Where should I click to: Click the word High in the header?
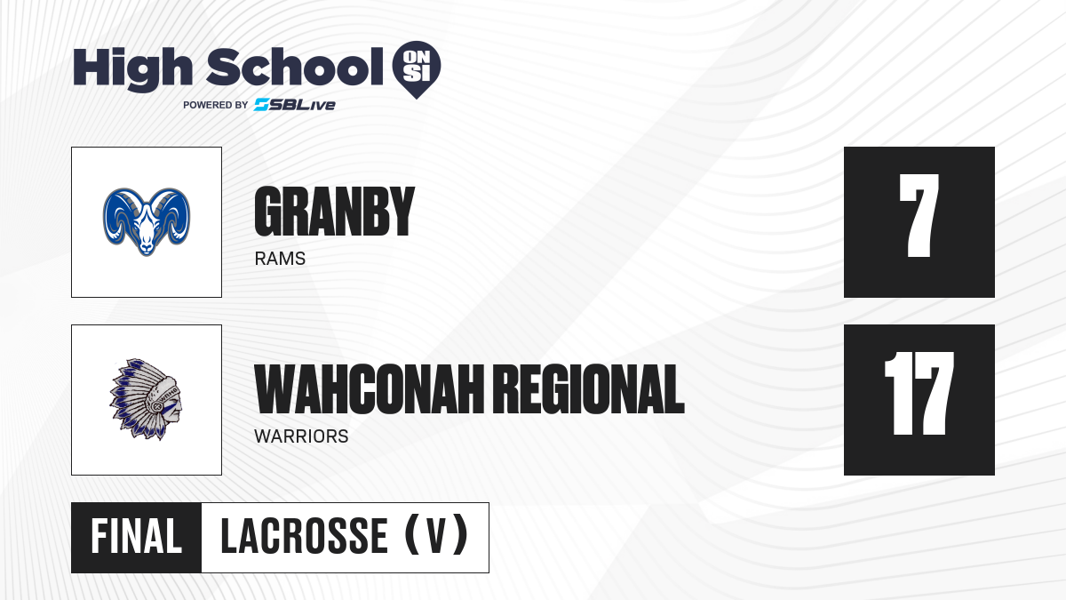point(132,69)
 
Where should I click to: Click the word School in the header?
point(295,68)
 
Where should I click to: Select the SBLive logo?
point(295,105)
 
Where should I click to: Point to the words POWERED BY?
point(216,105)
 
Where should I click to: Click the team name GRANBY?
point(335,211)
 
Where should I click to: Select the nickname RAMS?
point(280,259)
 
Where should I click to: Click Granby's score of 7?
point(919,216)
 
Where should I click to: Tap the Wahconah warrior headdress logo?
point(147,399)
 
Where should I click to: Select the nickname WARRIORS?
point(301,436)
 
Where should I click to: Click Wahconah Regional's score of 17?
point(919,393)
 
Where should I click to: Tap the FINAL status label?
point(137,537)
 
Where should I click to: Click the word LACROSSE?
point(305,537)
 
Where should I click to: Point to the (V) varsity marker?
point(436,535)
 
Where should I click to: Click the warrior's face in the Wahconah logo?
point(172,408)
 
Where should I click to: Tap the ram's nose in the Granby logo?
point(147,247)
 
